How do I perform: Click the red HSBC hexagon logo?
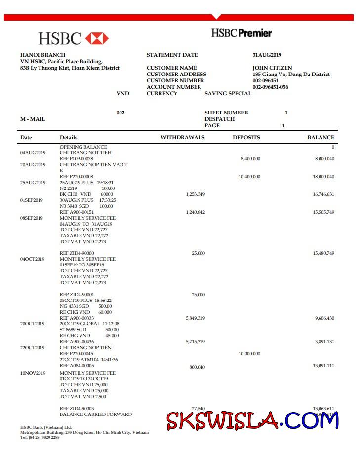(x=97, y=38)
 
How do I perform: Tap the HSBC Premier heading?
(x=241, y=33)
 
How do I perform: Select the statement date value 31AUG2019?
(x=267, y=55)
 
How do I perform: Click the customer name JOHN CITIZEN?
(x=272, y=68)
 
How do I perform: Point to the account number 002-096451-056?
(x=270, y=87)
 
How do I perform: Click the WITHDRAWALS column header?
(x=182, y=138)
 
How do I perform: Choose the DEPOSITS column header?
(x=246, y=138)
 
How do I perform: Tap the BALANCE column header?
(x=320, y=138)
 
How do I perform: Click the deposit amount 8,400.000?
(x=250, y=159)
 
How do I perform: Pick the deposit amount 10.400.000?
(x=249, y=177)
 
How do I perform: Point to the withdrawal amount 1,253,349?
(x=195, y=194)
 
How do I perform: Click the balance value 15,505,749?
(x=323, y=212)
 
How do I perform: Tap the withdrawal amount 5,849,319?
(x=195, y=318)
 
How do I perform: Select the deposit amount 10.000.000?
(x=249, y=354)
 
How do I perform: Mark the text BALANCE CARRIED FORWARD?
(x=96, y=414)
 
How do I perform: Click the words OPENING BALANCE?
(x=83, y=147)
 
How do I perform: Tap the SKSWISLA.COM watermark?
(x=252, y=420)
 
